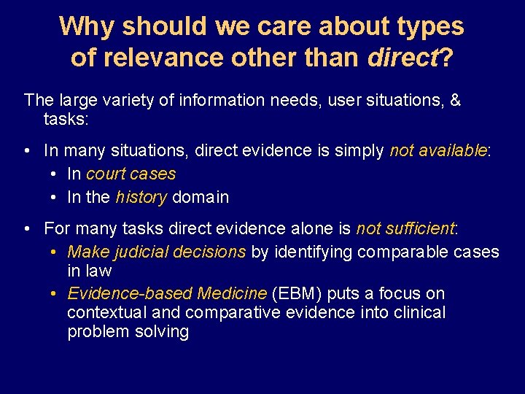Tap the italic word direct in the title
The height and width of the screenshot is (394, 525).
point(403,57)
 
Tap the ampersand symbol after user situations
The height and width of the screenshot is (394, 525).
point(455,99)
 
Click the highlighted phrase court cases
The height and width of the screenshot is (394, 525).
point(131,174)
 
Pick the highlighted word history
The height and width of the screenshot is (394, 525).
point(141,197)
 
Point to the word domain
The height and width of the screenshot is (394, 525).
point(201,197)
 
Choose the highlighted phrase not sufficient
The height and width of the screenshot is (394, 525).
point(405,228)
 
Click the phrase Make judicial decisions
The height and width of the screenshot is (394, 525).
point(156,252)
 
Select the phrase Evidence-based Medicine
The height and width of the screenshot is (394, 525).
point(167,293)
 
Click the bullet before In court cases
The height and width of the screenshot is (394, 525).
point(55,174)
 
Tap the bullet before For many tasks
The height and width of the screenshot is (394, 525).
point(26,229)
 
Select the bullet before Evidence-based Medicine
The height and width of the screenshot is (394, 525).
point(55,294)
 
